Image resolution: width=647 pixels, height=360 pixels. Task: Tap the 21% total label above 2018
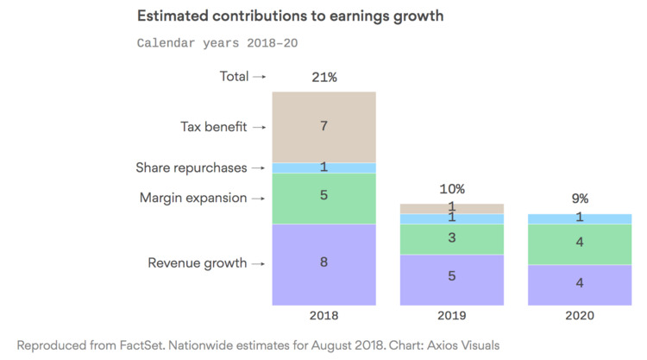coord(323,77)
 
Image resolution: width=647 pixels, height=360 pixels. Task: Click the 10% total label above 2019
coord(451,189)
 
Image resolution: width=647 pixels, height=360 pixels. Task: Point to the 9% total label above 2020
coord(579,199)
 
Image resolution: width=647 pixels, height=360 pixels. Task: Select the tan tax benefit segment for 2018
coord(323,126)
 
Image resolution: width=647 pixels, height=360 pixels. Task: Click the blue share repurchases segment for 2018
coord(323,167)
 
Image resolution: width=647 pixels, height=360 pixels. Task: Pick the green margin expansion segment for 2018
coord(323,198)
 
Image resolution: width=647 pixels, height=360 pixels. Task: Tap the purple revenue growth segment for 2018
coord(323,263)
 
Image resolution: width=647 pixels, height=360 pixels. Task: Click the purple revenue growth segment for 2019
coord(451,279)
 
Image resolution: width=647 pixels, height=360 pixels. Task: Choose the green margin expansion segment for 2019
coord(451,239)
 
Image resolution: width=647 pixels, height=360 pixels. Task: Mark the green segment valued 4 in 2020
coord(579,243)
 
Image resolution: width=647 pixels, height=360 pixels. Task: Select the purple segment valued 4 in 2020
coord(579,284)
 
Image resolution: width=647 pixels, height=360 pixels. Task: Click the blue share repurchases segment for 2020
coord(579,218)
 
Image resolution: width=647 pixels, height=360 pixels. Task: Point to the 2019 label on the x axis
coord(451,317)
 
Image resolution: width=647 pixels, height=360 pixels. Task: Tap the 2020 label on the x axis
coord(579,317)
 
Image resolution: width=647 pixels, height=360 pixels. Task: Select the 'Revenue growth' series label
coord(197,263)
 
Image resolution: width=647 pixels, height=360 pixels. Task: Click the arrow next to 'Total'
coord(259,77)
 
